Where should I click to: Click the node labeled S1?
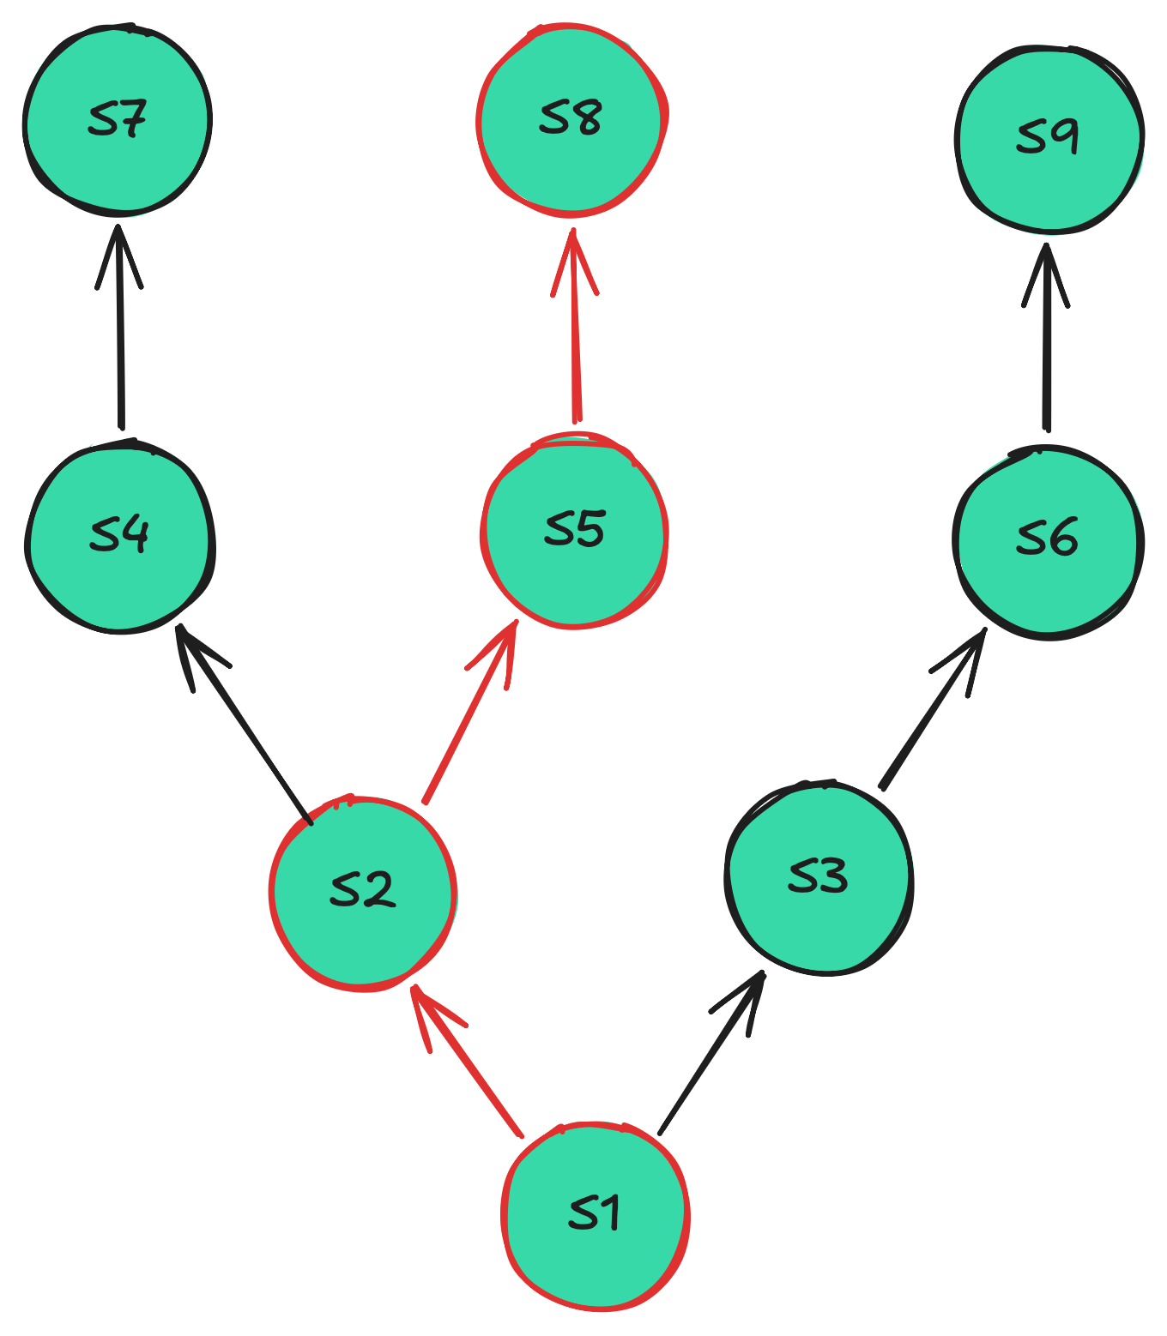[596, 1215]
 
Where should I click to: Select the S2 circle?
[362, 892]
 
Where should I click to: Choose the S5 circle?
[573, 531]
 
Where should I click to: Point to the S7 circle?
[118, 120]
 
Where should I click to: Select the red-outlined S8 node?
[571, 118]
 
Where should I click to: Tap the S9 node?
[1048, 138]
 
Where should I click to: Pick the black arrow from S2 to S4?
[244, 724]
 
